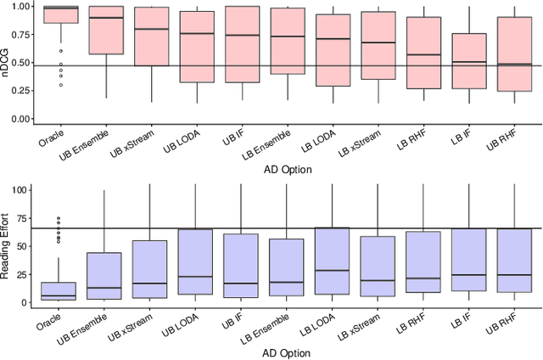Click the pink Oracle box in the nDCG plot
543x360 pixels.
tap(60, 14)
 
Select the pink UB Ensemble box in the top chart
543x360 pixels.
tap(106, 30)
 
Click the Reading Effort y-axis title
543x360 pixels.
tap(7, 246)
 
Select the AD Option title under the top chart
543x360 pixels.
tap(287, 169)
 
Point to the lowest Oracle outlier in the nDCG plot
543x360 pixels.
tap(60, 85)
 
